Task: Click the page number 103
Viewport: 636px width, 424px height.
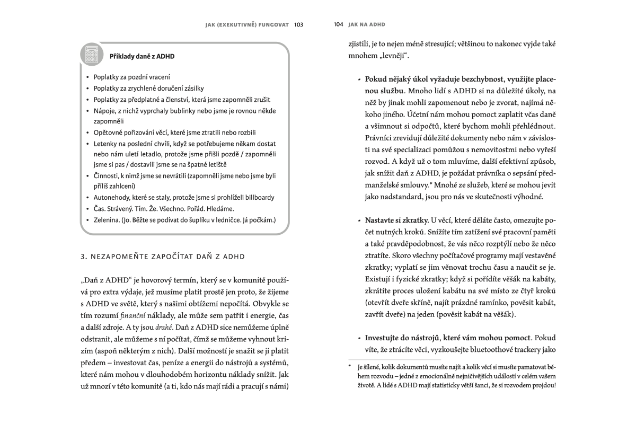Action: click(x=298, y=24)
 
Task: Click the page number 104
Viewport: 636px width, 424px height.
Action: click(x=339, y=24)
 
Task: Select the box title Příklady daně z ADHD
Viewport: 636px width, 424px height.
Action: click(x=142, y=56)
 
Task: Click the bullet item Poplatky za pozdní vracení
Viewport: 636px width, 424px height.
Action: click(x=132, y=77)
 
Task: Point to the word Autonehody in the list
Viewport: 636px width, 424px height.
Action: click(x=111, y=197)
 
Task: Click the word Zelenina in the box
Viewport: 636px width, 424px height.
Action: click(x=108, y=219)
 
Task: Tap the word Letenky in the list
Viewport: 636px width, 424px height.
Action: click(x=105, y=143)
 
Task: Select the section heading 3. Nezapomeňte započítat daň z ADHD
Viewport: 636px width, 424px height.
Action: click(x=163, y=257)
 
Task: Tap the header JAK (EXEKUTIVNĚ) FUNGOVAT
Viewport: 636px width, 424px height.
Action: click(x=247, y=24)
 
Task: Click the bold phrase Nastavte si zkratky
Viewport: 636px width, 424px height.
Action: click(x=397, y=220)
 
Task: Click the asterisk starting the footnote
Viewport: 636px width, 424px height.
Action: click(x=350, y=367)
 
